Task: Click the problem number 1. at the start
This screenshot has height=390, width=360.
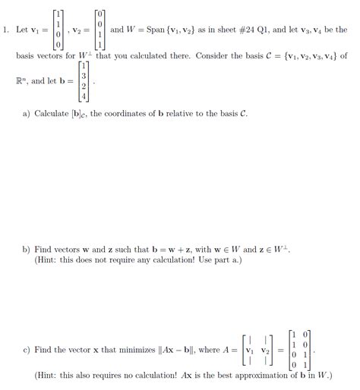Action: tap(6, 30)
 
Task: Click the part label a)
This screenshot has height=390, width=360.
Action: tap(27, 114)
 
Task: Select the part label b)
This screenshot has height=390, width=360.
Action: tap(27, 249)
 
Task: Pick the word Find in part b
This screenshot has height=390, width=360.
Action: tap(43, 249)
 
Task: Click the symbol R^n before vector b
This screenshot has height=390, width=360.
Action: tap(21, 78)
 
